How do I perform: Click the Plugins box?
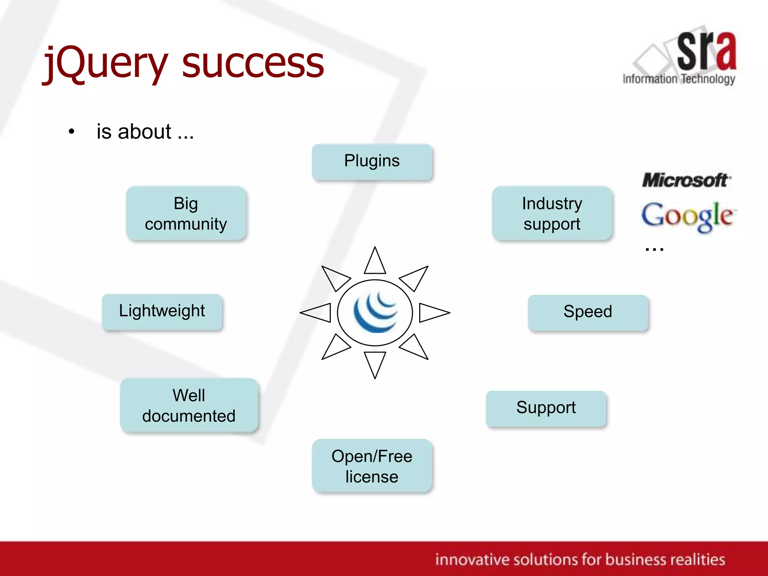(372, 162)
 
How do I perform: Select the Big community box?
(186, 213)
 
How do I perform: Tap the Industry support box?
(552, 213)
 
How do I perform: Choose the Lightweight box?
(162, 311)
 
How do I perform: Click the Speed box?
(588, 312)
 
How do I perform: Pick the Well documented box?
(189, 405)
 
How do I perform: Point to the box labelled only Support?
(546, 408)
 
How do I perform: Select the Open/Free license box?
(372, 466)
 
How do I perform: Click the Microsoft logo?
(686, 180)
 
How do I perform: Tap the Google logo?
(688, 216)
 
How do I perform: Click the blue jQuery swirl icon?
(375, 312)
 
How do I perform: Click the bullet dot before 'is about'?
(72, 132)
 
